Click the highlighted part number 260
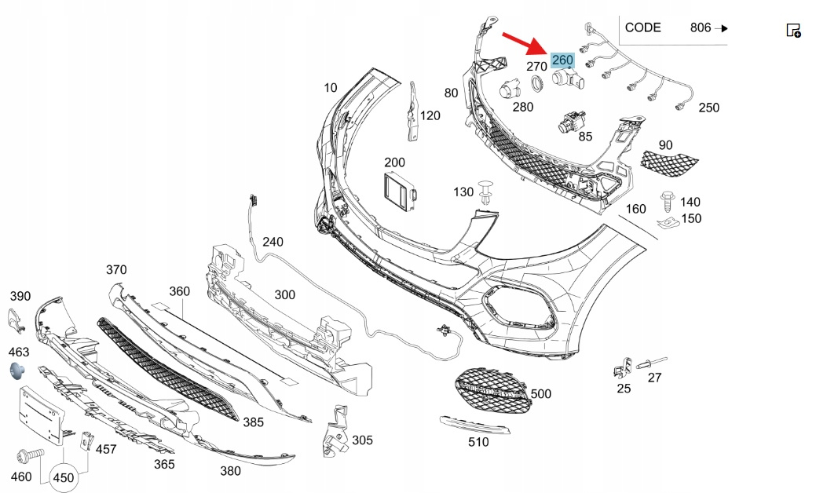pos(562,60)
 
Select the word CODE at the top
pos(642,27)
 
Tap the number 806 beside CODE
pos(701,27)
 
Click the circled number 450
pos(64,477)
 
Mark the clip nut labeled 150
pos(667,224)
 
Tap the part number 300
pos(284,294)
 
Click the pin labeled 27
pos(652,361)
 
